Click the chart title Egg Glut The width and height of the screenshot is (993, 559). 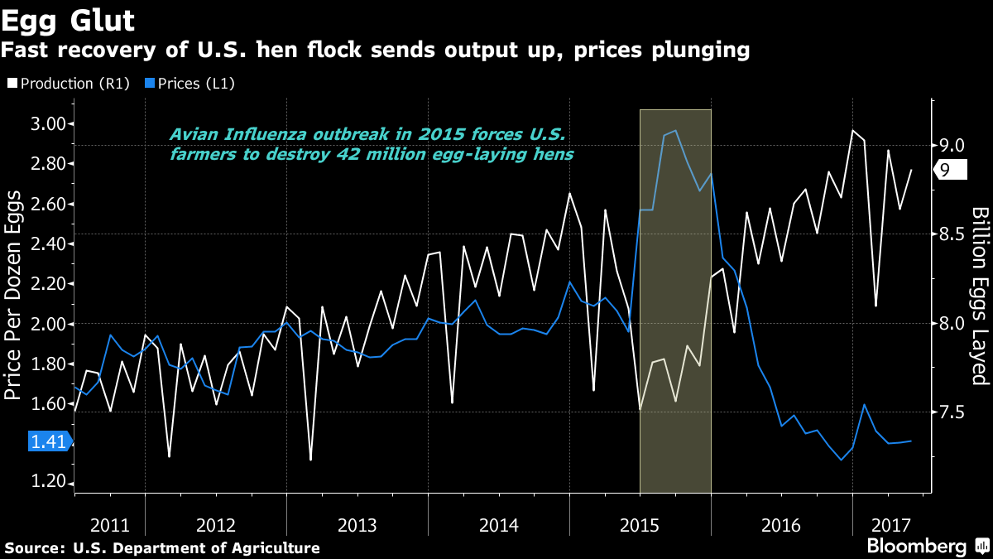(x=68, y=18)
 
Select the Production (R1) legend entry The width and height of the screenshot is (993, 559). (x=68, y=84)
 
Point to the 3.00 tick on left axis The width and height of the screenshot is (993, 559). (x=49, y=124)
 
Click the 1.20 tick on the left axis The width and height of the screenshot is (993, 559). (x=49, y=484)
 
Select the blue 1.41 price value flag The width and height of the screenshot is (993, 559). (x=49, y=441)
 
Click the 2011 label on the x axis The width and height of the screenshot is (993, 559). (x=109, y=525)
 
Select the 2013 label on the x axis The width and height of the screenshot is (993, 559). (x=357, y=525)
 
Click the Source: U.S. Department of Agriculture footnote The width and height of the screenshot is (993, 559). (x=162, y=547)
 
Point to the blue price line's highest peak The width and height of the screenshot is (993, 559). (x=676, y=130)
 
